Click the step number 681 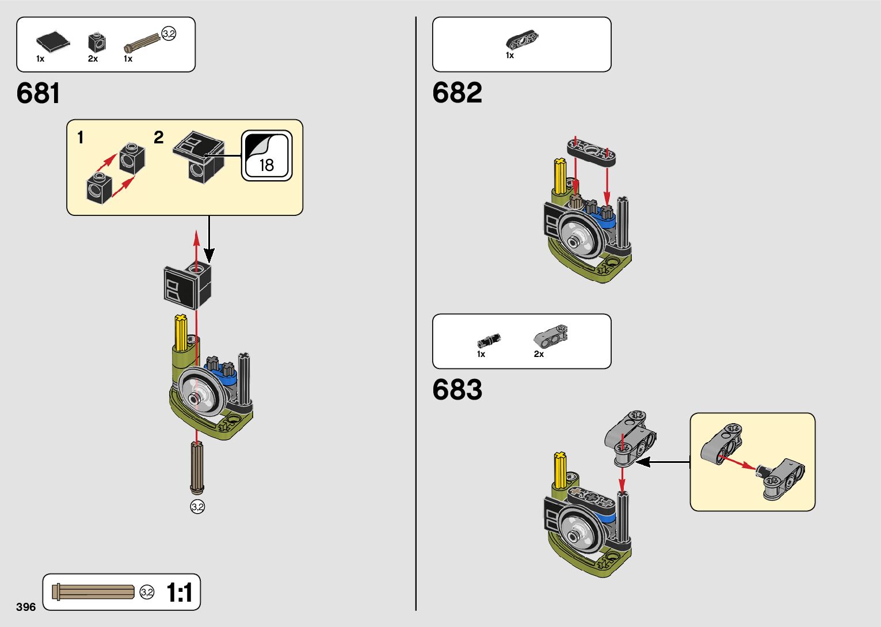pos(38,93)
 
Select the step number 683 pos(457,390)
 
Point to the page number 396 pos(26,607)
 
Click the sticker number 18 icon pos(266,155)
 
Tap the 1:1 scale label pos(179,592)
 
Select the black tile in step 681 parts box pos(52,41)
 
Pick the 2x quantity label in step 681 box pos(93,59)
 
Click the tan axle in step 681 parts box pos(142,42)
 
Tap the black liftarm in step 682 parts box pos(522,39)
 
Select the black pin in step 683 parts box pos(489,340)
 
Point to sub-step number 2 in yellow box pos(159,138)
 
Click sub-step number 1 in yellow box pos(81,138)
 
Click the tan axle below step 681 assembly pos(197,467)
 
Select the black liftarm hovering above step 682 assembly pos(592,151)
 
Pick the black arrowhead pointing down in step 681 pos(209,254)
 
